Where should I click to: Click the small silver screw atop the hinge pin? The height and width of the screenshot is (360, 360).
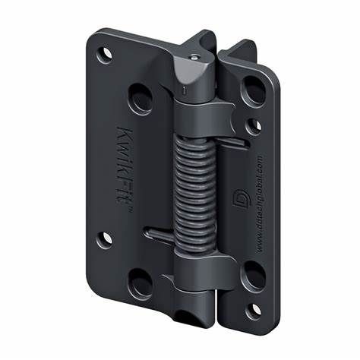(197, 55)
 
